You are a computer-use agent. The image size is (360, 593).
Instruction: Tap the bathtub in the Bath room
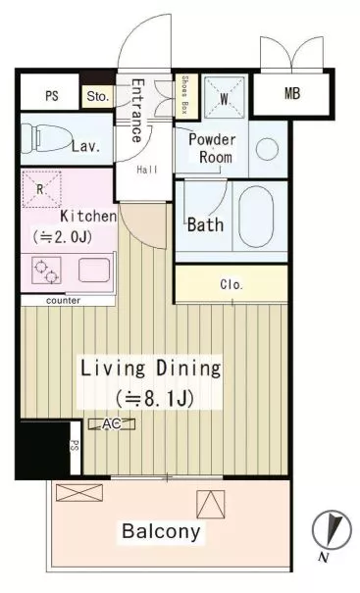(256, 217)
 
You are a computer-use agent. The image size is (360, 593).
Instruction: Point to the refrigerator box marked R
(41, 189)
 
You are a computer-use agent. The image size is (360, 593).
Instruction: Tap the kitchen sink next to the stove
(94, 270)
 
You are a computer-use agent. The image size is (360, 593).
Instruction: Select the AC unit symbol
(112, 424)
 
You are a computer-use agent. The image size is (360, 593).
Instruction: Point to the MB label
(292, 93)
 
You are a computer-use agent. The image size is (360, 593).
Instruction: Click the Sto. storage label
(98, 96)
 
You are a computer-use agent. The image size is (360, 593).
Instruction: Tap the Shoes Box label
(184, 94)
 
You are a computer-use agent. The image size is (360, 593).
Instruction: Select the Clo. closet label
(231, 284)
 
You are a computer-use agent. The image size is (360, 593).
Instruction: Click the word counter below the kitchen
(63, 301)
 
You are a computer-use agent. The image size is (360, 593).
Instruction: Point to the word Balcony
(161, 531)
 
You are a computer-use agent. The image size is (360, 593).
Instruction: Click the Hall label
(147, 170)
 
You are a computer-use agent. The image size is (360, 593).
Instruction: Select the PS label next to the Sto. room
(52, 96)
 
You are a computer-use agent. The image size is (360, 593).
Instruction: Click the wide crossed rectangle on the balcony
(79, 493)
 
